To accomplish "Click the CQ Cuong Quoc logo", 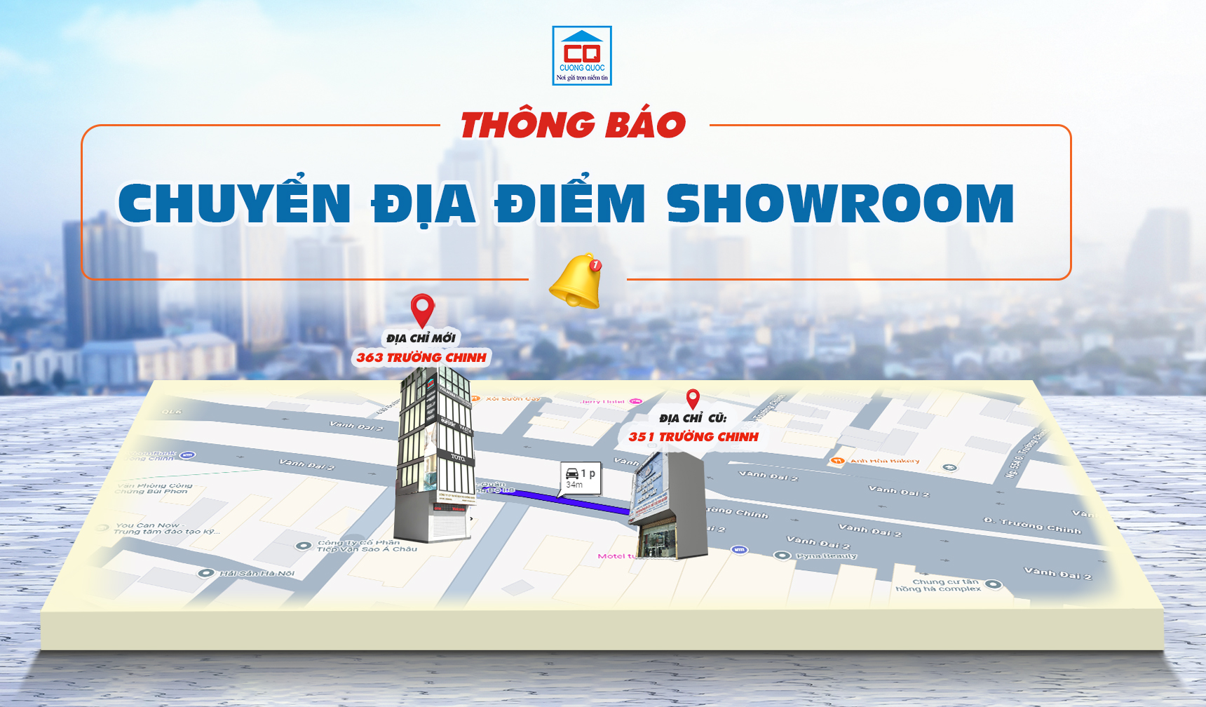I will tap(582, 55).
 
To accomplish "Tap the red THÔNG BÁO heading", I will tap(573, 126).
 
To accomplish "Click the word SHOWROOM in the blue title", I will tap(840, 204).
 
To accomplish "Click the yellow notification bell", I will tap(576, 282).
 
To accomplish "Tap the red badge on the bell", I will tap(595, 264).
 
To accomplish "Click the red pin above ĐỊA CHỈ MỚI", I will tap(422, 309).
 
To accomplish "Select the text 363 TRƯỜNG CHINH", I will tap(421, 358).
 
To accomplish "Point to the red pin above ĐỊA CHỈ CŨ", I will tap(693, 398).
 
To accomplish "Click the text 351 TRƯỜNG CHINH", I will tap(693, 437).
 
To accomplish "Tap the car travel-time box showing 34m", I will tap(581, 478).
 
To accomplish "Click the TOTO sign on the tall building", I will tap(457, 457).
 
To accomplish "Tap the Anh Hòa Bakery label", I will tap(883, 461).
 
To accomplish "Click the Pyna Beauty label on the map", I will tap(825, 556).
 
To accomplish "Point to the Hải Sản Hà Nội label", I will tap(256, 574).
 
